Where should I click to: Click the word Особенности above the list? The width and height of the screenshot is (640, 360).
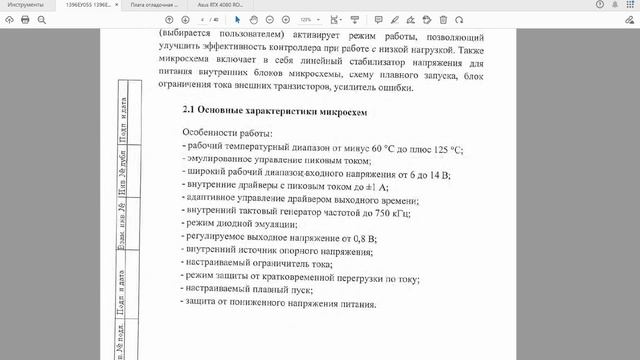(x=208, y=133)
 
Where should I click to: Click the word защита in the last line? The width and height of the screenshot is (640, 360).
(x=205, y=303)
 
